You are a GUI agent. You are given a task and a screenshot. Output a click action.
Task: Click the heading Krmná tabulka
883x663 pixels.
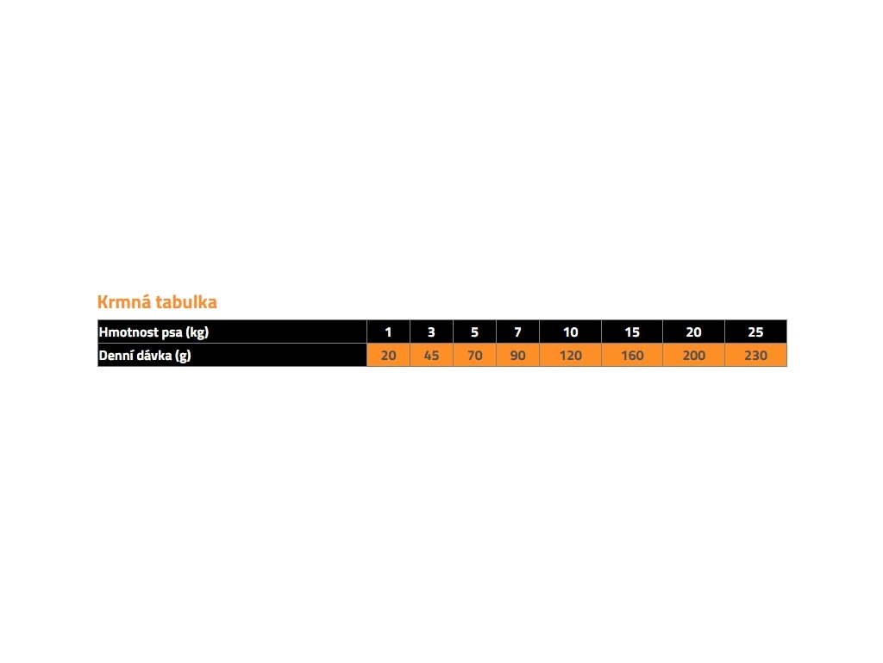[x=157, y=301]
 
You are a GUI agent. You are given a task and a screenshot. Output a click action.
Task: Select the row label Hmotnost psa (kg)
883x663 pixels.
[x=153, y=332]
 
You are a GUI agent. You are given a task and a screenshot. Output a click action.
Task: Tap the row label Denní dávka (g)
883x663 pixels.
[x=145, y=356]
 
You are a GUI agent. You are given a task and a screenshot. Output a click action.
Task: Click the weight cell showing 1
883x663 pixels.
[x=389, y=332]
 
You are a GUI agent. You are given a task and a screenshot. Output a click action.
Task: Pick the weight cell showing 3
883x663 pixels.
[x=431, y=332]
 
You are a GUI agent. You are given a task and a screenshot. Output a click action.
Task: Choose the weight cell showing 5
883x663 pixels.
[x=475, y=332]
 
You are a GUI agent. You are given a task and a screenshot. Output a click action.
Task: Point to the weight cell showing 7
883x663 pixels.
[x=518, y=332]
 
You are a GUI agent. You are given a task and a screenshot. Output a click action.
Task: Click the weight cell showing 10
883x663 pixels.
[x=571, y=332]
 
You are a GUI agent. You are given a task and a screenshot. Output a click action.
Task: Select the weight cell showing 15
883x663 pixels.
[x=632, y=332]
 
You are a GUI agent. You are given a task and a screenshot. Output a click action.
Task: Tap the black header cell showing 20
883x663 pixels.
[x=694, y=332]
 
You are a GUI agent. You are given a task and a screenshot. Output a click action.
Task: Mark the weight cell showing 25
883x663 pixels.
[x=755, y=332]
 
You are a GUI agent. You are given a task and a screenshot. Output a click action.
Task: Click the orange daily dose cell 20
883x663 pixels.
[x=389, y=355]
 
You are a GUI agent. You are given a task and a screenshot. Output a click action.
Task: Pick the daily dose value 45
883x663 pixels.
[x=431, y=355]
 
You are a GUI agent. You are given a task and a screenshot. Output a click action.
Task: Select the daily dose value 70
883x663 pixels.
[x=475, y=355]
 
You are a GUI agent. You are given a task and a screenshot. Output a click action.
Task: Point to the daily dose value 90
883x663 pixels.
[x=518, y=355]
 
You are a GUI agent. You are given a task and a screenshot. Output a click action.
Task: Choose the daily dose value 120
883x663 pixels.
[x=571, y=355]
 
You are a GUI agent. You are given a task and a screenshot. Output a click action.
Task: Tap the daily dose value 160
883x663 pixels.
[x=632, y=355]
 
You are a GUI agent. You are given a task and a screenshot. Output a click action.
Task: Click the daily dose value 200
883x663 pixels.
[x=694, y=355]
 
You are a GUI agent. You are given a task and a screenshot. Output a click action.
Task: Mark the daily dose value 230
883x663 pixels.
[x=755, y=355]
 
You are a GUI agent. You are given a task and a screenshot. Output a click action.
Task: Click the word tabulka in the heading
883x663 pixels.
[x=186, y=301]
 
